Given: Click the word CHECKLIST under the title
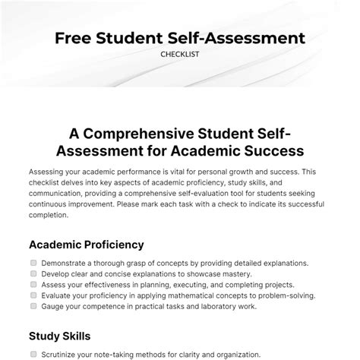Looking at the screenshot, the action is [179, 54].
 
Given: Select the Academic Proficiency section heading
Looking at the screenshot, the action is [86, 245].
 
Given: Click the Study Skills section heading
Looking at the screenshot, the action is [60, 335].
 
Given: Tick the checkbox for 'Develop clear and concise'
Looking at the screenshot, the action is [33, 274].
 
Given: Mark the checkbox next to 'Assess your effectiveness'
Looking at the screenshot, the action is [33, 285].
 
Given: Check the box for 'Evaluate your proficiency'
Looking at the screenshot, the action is [33, 295].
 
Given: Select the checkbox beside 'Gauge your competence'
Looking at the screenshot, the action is [33, 306].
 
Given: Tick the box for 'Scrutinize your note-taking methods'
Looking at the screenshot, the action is [33, 354].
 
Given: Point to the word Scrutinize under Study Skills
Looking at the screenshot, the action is [63, 354].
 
